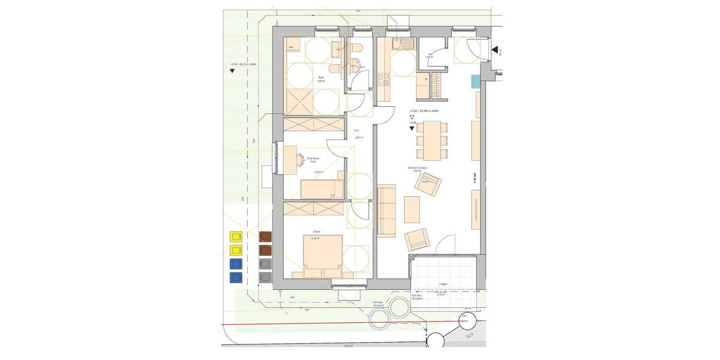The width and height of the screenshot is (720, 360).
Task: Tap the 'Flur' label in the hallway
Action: point(356,130)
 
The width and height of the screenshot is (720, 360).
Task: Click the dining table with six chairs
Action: point(431,139)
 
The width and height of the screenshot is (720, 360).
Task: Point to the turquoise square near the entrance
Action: point(476,80)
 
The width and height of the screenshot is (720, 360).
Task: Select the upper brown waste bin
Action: point(265,237)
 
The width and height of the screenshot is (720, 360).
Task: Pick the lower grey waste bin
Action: point(265,277)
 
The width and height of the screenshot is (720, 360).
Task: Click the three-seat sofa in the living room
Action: point(388,210)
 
